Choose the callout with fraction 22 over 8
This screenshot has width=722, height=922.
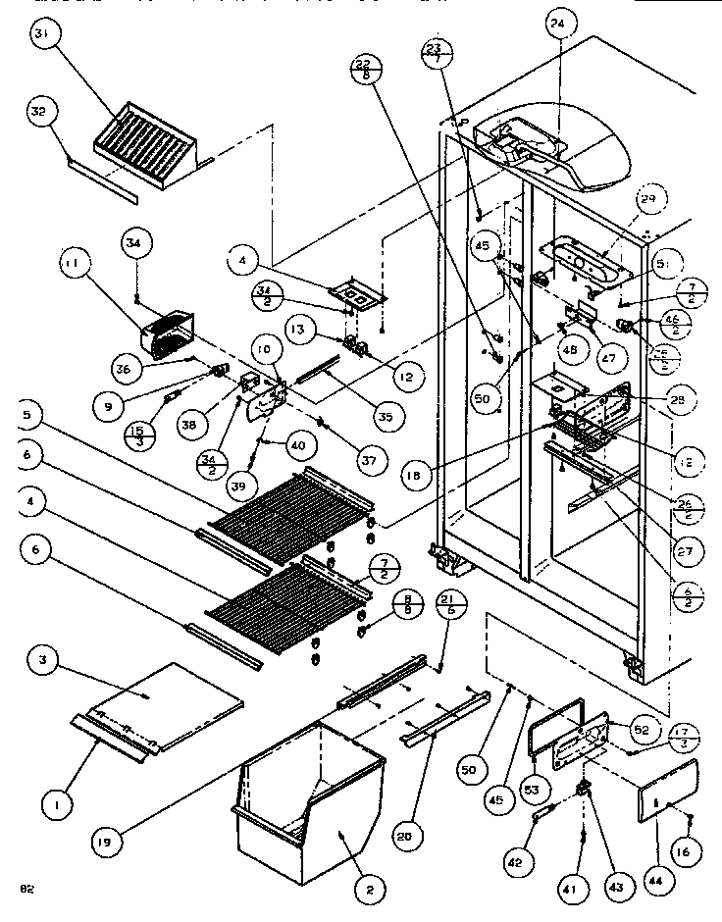click(364, 70)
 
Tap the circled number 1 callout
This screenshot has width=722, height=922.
click(58, 806)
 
